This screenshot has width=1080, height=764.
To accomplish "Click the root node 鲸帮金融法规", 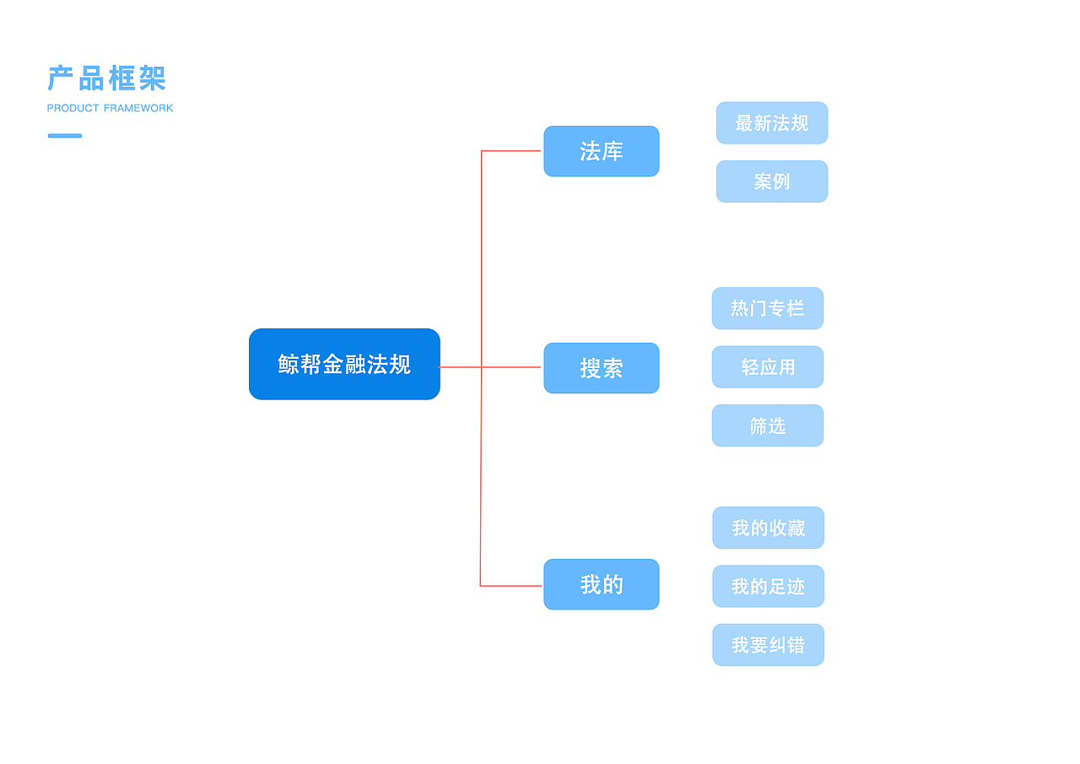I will [x=344, y=364].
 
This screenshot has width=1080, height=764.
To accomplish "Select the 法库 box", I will [x=601, y=151].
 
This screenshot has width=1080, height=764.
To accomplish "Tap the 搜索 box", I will [x=601, y=368].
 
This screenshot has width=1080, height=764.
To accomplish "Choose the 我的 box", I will [x=601, y=584].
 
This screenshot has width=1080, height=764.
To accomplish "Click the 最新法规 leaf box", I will [x=772, y=123].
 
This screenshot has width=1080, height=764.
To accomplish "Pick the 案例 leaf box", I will [x=772, y=182].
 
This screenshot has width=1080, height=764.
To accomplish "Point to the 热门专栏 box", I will [x=768, y=308].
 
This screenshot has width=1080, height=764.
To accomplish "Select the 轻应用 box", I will [x=768, y=367].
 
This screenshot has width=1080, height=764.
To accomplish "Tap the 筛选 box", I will [x=768, y=425].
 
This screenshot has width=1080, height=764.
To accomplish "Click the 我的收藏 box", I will [x=768, y=528].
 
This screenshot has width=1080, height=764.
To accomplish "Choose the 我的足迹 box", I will [x=768, y=586].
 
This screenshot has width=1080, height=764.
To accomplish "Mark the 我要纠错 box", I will [x=768, y=645].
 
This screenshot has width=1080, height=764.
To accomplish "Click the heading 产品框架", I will [x=106, y=79].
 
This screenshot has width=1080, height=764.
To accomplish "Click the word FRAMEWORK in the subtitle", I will [x=138, y=108].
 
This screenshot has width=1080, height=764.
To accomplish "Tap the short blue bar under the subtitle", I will [x=65, y=135].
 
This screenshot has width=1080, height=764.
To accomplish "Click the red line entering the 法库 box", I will [x=510, y=151].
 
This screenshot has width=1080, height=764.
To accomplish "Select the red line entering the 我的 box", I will [x=510, y=585].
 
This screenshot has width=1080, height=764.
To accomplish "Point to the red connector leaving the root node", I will [x=460, y=367].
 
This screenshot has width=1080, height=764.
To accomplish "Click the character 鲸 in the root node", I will [x=289, y=364].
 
